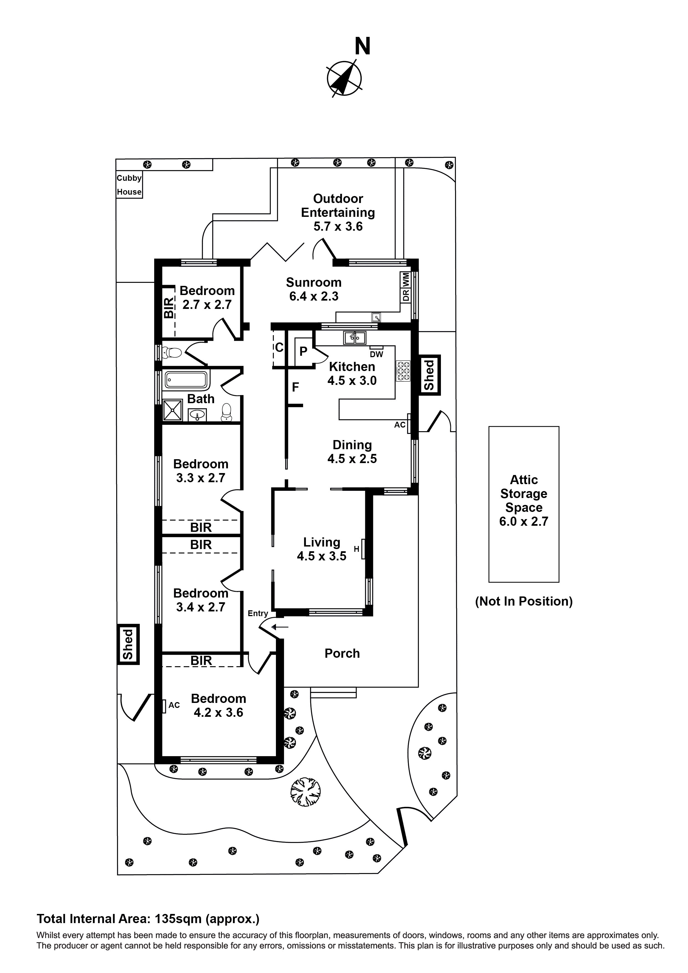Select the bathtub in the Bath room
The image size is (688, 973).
[x=187, y=380]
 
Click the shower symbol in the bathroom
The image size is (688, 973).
[x=172, y=410]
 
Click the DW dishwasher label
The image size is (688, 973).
[x=376, y=354]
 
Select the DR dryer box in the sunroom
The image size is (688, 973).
[x=406, y=295]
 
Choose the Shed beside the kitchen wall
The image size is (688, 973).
[x=430, y=375]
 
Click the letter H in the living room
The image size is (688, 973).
[x=357, y=549]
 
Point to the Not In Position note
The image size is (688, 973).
[x=524, y=601]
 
